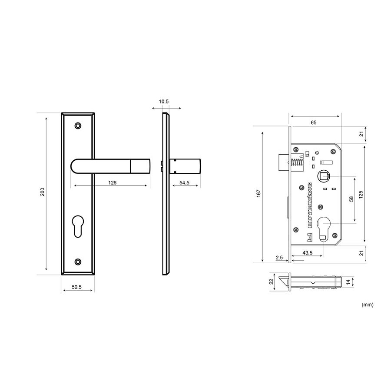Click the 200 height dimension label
tap(43, 192)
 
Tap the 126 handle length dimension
tap(112, 183)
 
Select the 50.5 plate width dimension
tap(76, 287)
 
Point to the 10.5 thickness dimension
tap(164, 102)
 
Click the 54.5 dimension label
tap(184, 183)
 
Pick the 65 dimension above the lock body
tap(313, 123)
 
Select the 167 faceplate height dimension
tap(258, 193)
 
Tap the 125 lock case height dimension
tap(361, 195)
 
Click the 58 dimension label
tap(351, 199)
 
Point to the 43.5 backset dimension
tap(308, 253)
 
